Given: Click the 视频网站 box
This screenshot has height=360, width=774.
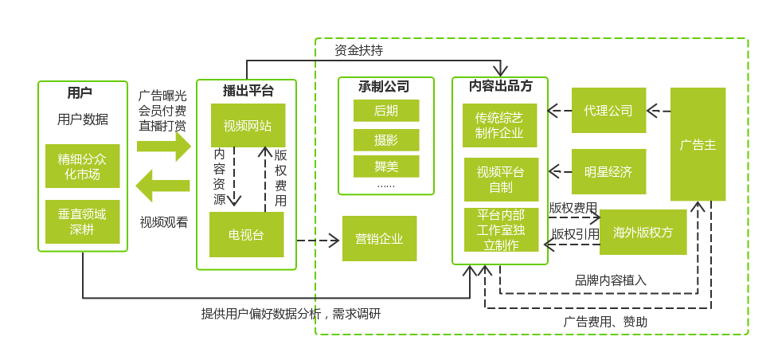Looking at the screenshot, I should tap(248, 125).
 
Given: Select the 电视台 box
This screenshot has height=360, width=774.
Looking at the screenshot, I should tap(246, 234).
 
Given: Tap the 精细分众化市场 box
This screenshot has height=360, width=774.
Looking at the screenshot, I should tap(83, 166).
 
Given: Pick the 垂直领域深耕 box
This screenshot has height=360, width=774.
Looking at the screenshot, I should tap(83, 221).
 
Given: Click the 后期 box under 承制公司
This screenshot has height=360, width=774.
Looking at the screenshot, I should tap(386, 111).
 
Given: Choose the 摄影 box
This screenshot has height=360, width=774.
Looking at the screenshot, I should tap(386, 140).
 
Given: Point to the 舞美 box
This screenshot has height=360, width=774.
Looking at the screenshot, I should tap(386, 166).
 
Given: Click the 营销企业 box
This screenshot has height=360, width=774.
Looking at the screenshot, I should tap(379, 238).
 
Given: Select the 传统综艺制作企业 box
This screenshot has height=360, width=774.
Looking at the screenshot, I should tap(499, 125).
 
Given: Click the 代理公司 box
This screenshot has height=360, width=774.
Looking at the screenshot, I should tap(608, 110).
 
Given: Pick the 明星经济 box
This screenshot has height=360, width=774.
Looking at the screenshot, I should tap(608, 171).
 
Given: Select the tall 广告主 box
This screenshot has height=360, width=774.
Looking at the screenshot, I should tap(698, 144).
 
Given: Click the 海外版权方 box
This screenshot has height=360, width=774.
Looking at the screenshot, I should tap(643, 233).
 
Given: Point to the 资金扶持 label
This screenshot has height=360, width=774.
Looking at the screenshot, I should tap(358, 50).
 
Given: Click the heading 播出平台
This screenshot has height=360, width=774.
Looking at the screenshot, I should tap(248, 90).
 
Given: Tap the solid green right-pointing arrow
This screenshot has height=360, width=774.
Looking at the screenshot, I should tap(164, 147).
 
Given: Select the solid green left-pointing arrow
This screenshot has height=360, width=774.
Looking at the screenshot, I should tap(162, 186).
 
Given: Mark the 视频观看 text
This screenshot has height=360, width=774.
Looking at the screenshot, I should tap(164, 222).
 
